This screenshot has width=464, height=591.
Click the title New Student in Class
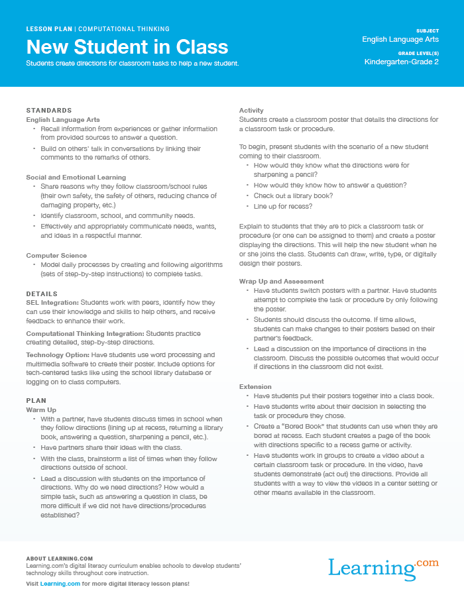pos(127,47)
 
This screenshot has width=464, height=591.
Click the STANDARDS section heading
pos(49,110)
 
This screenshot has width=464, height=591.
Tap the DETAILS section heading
pos(42,294)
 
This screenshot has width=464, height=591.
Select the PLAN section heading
pos(36,401)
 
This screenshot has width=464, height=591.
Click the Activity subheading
pos(251,111)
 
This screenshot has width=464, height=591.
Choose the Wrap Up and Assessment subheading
pos(281,282)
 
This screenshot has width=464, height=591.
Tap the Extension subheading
pos(255,386)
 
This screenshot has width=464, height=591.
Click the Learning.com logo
pos(383,568)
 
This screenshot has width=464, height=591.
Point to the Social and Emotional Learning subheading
pos(76,178)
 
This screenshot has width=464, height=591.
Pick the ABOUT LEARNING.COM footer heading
pos(59,559)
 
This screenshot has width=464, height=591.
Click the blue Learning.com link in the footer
pos(60,583)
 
